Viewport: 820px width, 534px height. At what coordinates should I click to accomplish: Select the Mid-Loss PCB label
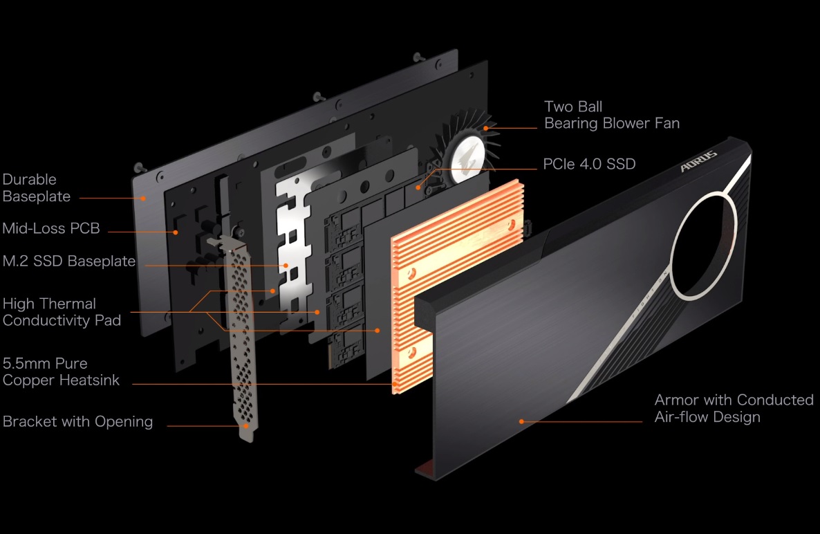point(51,228)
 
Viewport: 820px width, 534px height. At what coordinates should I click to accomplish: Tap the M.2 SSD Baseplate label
point(69,261)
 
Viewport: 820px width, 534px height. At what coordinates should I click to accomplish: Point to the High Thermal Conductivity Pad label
point(62,312)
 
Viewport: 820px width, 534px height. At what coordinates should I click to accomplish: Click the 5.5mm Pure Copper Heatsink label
point(61,371)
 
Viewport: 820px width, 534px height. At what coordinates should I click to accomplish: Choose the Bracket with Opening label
point(77,422)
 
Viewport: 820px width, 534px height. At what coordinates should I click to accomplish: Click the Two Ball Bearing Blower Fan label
point(611,115)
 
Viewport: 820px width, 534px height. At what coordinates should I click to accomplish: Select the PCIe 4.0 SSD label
point(588,164)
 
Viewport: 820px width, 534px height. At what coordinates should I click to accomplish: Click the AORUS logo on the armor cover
point(698,163)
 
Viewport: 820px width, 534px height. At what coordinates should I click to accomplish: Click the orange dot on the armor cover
point(522,421)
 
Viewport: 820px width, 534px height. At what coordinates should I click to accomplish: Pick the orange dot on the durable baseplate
point(144,197)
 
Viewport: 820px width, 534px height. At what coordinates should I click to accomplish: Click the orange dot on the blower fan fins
point(487,127)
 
